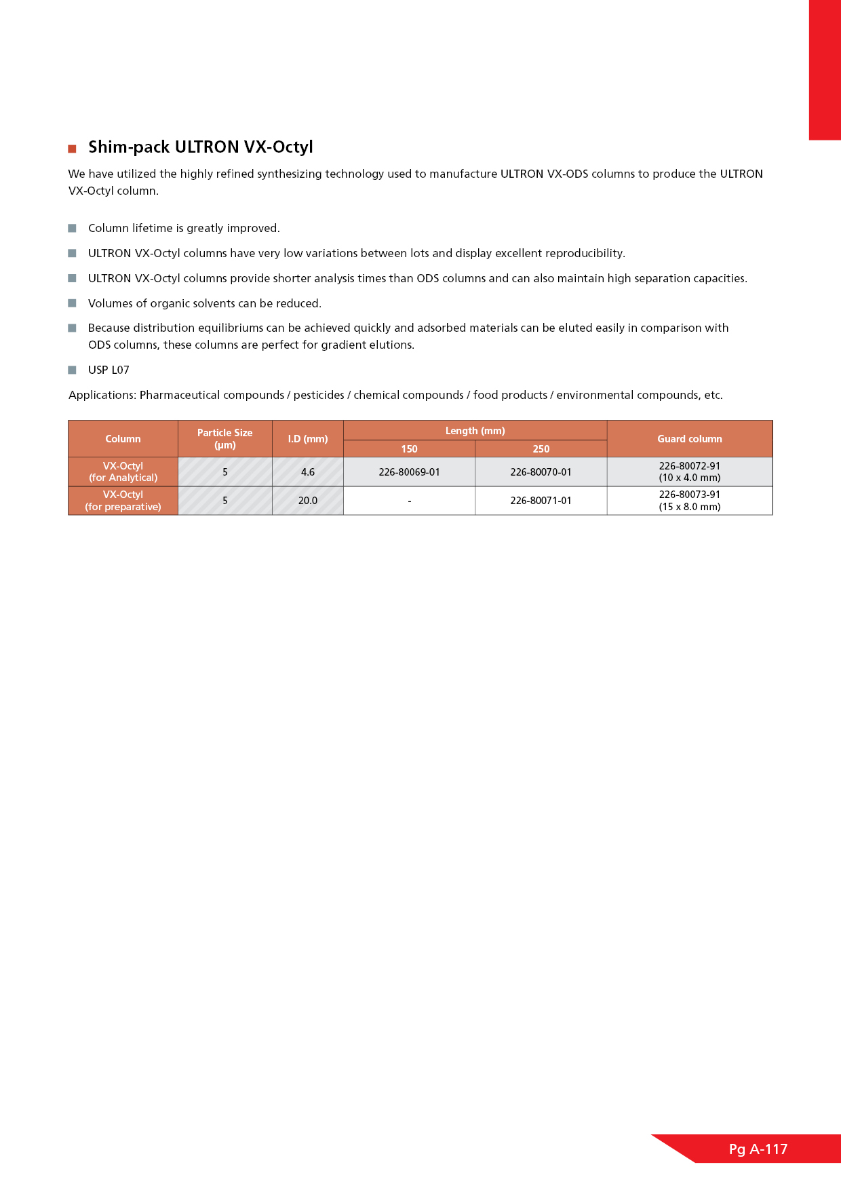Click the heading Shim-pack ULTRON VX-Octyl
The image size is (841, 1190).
pos(201,147)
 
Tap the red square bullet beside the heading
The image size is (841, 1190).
pos(72,149)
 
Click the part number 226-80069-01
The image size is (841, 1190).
pos(409,472)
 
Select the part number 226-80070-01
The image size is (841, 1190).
pos(541,472)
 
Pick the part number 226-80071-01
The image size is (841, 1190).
pos(541,501)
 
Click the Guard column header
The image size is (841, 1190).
pos(689,439)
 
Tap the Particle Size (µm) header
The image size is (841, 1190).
pos(224,439)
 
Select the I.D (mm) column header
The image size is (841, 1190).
pos(307,439)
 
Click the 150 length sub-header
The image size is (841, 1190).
pos(409,449)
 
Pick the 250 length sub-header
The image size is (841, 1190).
pos(541,449)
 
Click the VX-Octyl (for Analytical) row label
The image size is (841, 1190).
pos(123,472)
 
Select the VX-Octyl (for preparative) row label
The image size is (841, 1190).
pos(123,501)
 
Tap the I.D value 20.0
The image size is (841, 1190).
pos(307,501)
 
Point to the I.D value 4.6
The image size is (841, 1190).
pos(307,472)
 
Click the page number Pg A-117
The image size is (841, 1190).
pos(758,1149)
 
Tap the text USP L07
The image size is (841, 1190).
pos(109,370)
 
